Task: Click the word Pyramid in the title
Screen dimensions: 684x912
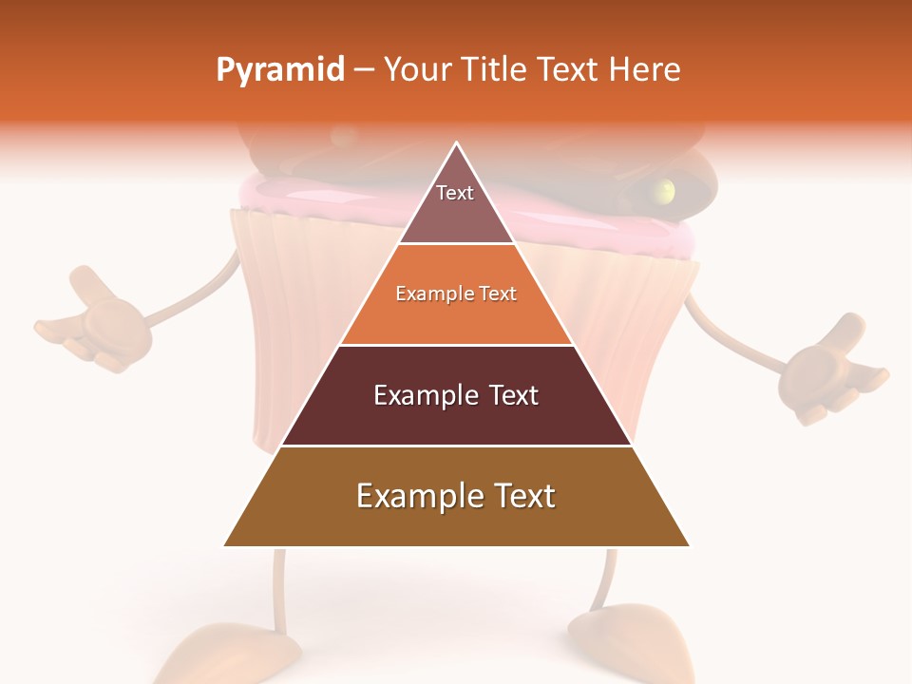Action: point(280,70)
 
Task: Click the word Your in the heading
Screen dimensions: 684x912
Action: point(417,69)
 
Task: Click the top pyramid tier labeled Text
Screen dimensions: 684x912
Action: point(455,203)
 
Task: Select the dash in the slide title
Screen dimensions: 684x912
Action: point(364,70)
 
